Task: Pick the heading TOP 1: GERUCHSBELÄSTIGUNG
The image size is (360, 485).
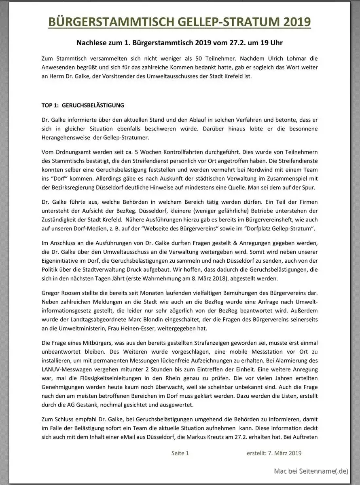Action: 83,105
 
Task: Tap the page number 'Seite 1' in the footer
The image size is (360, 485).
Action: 180,453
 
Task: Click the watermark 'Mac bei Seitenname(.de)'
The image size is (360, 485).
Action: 311,471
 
